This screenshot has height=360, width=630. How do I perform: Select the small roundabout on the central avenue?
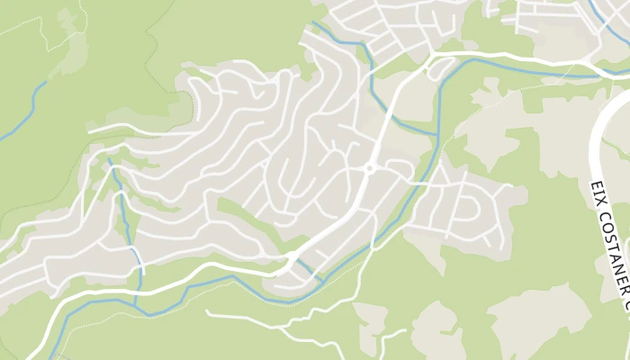pos(369,168)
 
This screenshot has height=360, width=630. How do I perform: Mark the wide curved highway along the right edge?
pos(595,144)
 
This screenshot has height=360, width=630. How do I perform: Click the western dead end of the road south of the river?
pos(208,312)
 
